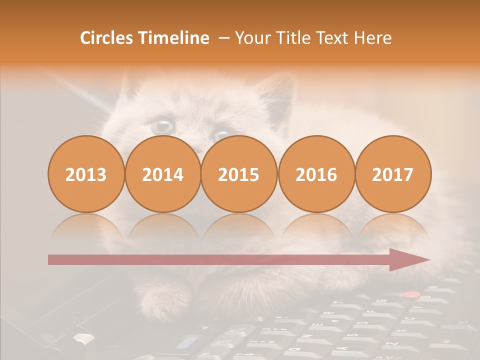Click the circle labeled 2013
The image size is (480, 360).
pos(86,174)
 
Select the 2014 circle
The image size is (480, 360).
pos(163,174)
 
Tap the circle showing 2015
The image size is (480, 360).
pos(239,174)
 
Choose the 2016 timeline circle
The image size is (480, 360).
pos(316,174)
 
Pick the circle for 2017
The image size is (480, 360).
pos(393,174)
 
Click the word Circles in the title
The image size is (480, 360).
pos(107,38)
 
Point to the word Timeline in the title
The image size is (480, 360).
pos(174,38)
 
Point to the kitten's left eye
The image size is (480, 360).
pos(163,126)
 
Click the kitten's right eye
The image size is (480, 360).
pos(220,135)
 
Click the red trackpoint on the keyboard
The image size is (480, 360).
pos(411,295)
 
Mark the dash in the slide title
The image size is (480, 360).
pos(223,38)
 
